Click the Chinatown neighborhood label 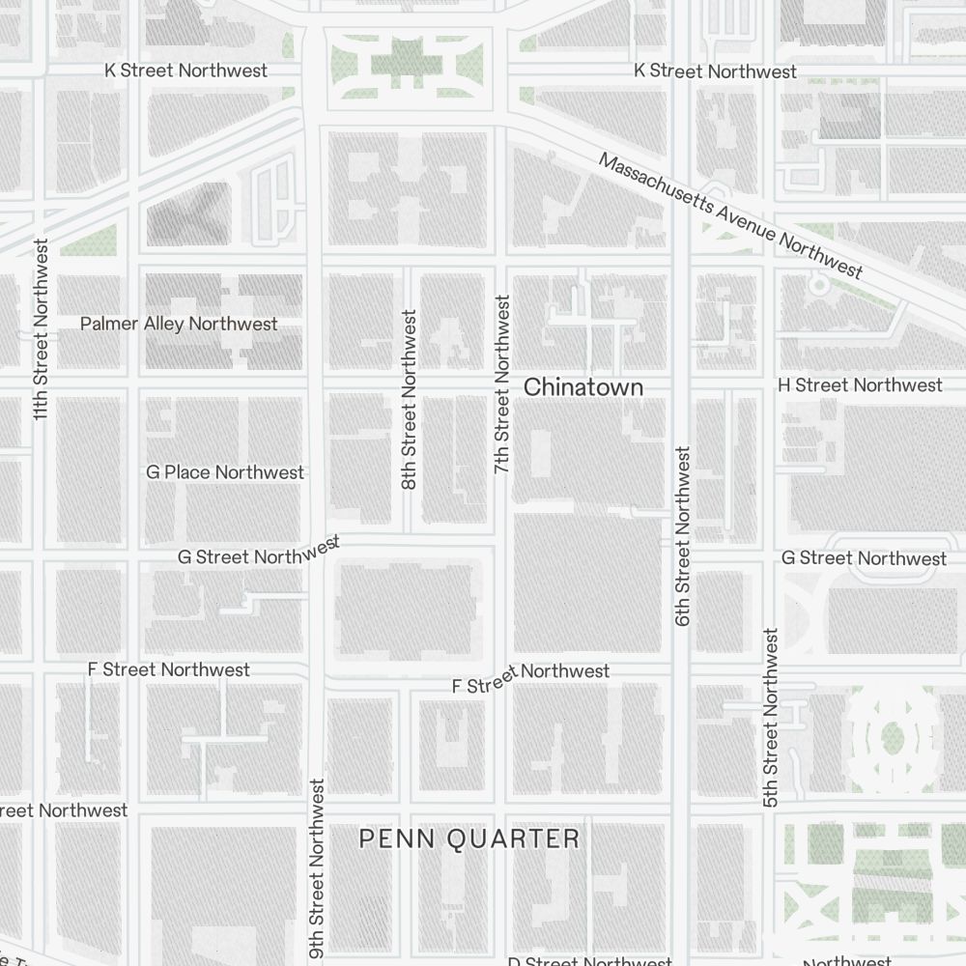pyautogui.click(x=582, y=387)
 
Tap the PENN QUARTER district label pyautogui.click(x=469, y=838)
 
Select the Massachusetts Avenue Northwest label pyautogui.click(x=729, y=214)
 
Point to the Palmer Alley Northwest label pyautogui.click(x=179, y=324)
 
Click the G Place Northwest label pyautogui.click(x=225, y=472)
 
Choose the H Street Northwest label pyautogui.click(x=860, y=385)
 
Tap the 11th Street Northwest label pyautogui.click(x=41, y=328)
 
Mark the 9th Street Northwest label pyautogui.click(x=317, y=869)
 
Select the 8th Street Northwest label pyautogui.click(x=409, y=399)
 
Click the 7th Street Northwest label pyautogui.click(x=501, y=384)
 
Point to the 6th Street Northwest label pyautogui.click(x=683, y=535)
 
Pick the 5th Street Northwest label pyautogui.click(x=770, y=718)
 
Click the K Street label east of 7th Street pyautogui.click(x=715, y=71)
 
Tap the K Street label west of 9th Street pyautogui.click(x=185, y=71)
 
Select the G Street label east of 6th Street pyautogui.click(x=863, y=558)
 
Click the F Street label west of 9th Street pyautogui.click(x=168, y=669)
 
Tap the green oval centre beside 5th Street pyautogui.click(x=892, y=740)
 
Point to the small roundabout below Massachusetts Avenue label pyautogui.click(x=819, y=285)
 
